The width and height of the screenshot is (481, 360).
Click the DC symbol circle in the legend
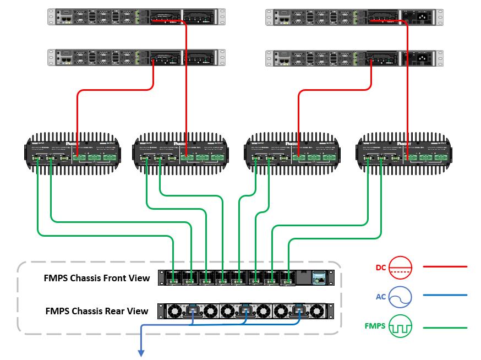pyautogui.click(x=401, y=267)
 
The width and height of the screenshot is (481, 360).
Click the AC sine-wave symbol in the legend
pyautogui.click(x=401, y=297)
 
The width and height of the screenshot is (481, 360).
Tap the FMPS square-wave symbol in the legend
pyautogui.click(x=401, y=327)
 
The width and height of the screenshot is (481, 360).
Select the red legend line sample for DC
pyautogui.click(x=445, y=267)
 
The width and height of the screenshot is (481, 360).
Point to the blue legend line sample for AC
pyautogui.click(x=445, y=295)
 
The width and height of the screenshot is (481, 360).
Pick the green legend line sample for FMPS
pyautogui.click(x=445, y=328)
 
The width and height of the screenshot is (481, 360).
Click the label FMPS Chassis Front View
pyautogui.click(x=97, y=278)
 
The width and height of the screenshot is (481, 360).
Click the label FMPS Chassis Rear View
pyautogui.click(x=97, y=311)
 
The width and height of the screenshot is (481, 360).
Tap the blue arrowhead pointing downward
pyautogui.click(x=141, y=353)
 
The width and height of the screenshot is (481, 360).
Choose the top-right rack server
pyautogui.click(x=354, y=16)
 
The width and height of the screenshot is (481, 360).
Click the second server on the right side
pyautogui.click(x=354, y=58)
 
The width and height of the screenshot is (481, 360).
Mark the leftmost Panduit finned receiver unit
pyautogui.click(x=72, y=153)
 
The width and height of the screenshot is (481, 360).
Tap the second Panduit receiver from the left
pyautogui.click(x=182, y=153)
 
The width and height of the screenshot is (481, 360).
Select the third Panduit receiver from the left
pyautogui.click(x=292, y=153)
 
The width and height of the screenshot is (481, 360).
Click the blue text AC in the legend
pyautogui.click(x=381, y=297)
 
